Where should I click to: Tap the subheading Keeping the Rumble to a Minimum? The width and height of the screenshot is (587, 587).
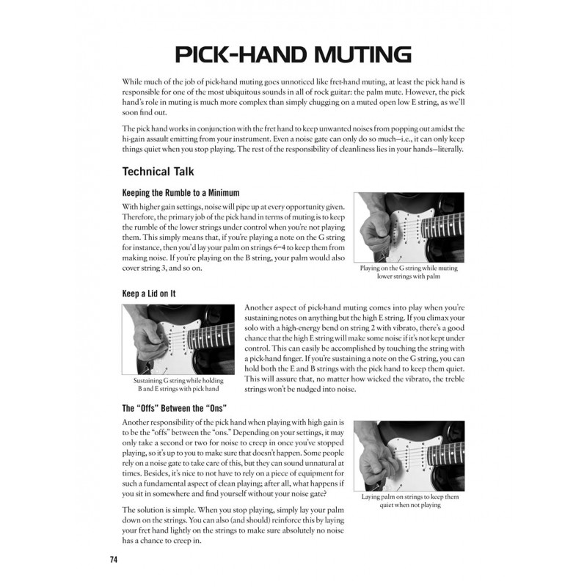pyautogui.click(x=181, y=192)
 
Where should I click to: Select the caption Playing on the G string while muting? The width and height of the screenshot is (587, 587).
pyautogui.click(x=408, y=269)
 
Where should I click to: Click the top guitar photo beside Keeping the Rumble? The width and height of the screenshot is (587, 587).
pyautogui.click(x=408, y=227)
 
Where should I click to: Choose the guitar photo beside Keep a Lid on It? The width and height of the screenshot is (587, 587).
pyautogui.click(x=178, y=340)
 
